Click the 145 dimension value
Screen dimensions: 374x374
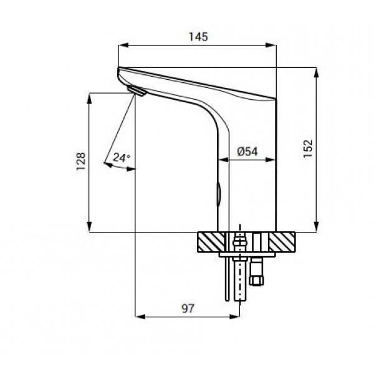[x=198, y=37]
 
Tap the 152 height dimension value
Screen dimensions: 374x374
[x=308, y=148]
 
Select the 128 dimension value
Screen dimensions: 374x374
[x=81, y=161]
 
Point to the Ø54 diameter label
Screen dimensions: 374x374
[x=247, y=151]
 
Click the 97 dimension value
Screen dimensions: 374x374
[x=188, y=309]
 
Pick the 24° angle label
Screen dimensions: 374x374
[x=122, y=158]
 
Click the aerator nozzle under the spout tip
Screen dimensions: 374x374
[x=136, y=90]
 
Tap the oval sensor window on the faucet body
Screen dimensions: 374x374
[x=219, y=194]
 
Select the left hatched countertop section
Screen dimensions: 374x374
[x=211, y=242]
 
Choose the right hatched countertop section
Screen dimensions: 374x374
[x=282, y=242]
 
